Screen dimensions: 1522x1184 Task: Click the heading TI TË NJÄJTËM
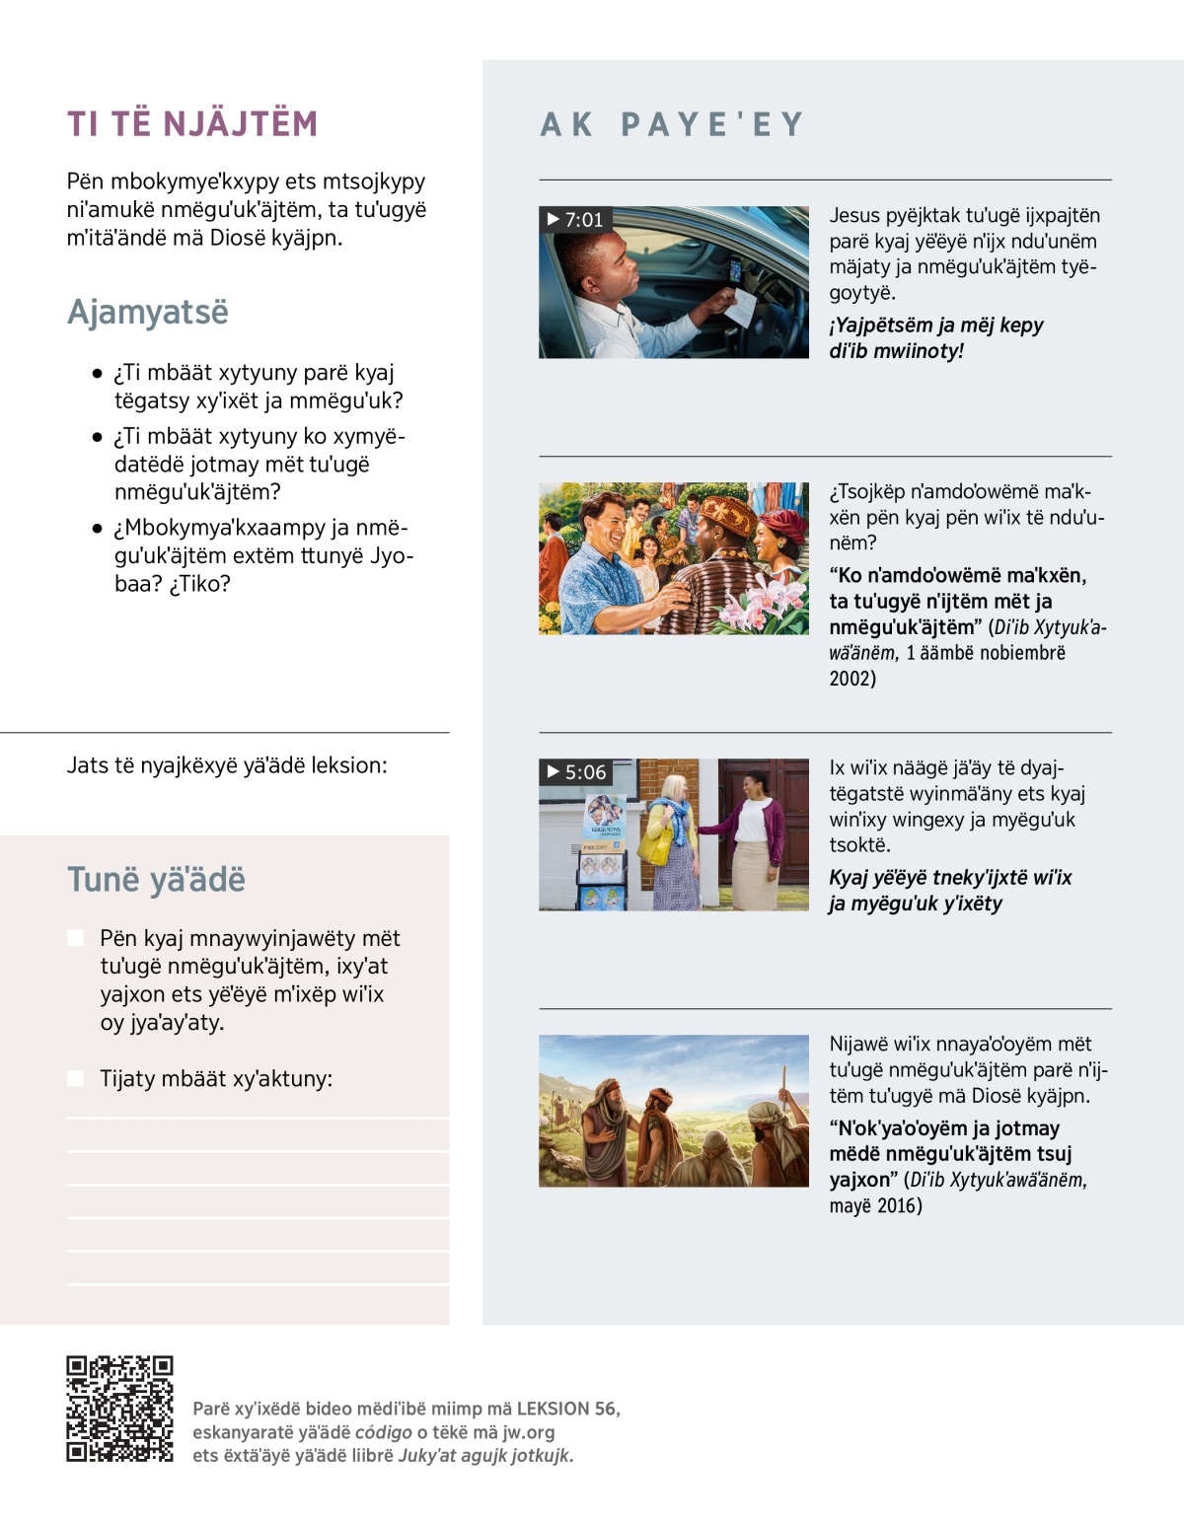click(192, 124)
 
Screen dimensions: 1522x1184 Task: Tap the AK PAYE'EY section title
click(672, 124)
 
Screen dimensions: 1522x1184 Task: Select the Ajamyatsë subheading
click(148, 312)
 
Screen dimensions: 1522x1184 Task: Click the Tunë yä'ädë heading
click(156, 879)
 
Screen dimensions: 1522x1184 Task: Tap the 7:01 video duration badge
click(575, 219)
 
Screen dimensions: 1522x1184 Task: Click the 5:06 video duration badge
click(576, 771)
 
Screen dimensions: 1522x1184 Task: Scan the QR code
click(119, 1408)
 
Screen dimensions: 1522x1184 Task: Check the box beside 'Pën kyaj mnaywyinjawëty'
click(76, 937)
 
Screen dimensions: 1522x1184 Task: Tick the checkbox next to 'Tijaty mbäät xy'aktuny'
click(76, 1078)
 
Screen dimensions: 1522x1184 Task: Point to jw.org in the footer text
click(528, 1431)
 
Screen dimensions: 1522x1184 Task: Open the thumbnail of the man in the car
click(674, 282)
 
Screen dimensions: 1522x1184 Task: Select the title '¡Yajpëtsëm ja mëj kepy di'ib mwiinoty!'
click(935, 337)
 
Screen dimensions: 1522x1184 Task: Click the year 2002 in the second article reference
click(852, 678)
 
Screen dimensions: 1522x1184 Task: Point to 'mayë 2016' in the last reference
click(875, 1205)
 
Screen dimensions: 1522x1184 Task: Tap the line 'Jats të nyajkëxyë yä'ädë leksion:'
click(227, 765)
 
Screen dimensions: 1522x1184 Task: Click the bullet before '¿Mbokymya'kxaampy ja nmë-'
click(97, 528)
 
